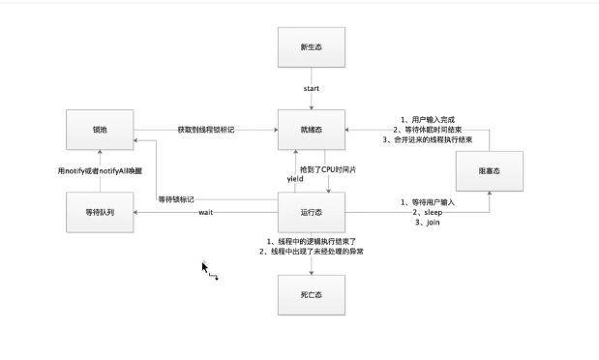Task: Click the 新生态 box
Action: point(312,47)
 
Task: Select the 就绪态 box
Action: point(312,129)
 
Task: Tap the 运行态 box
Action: point(312,211)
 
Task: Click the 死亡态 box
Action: point(312,292)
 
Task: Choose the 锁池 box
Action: point(101,129)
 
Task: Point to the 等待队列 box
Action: point(101,211)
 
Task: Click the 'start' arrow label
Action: point(312,88)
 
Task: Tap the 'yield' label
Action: point(296,180)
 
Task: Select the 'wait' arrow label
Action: point(205,211)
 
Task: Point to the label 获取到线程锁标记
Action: point(205,129)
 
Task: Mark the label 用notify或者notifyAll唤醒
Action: point(101,170)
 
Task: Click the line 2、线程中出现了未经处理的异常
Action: point(312,252)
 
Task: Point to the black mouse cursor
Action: point(205,267)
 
